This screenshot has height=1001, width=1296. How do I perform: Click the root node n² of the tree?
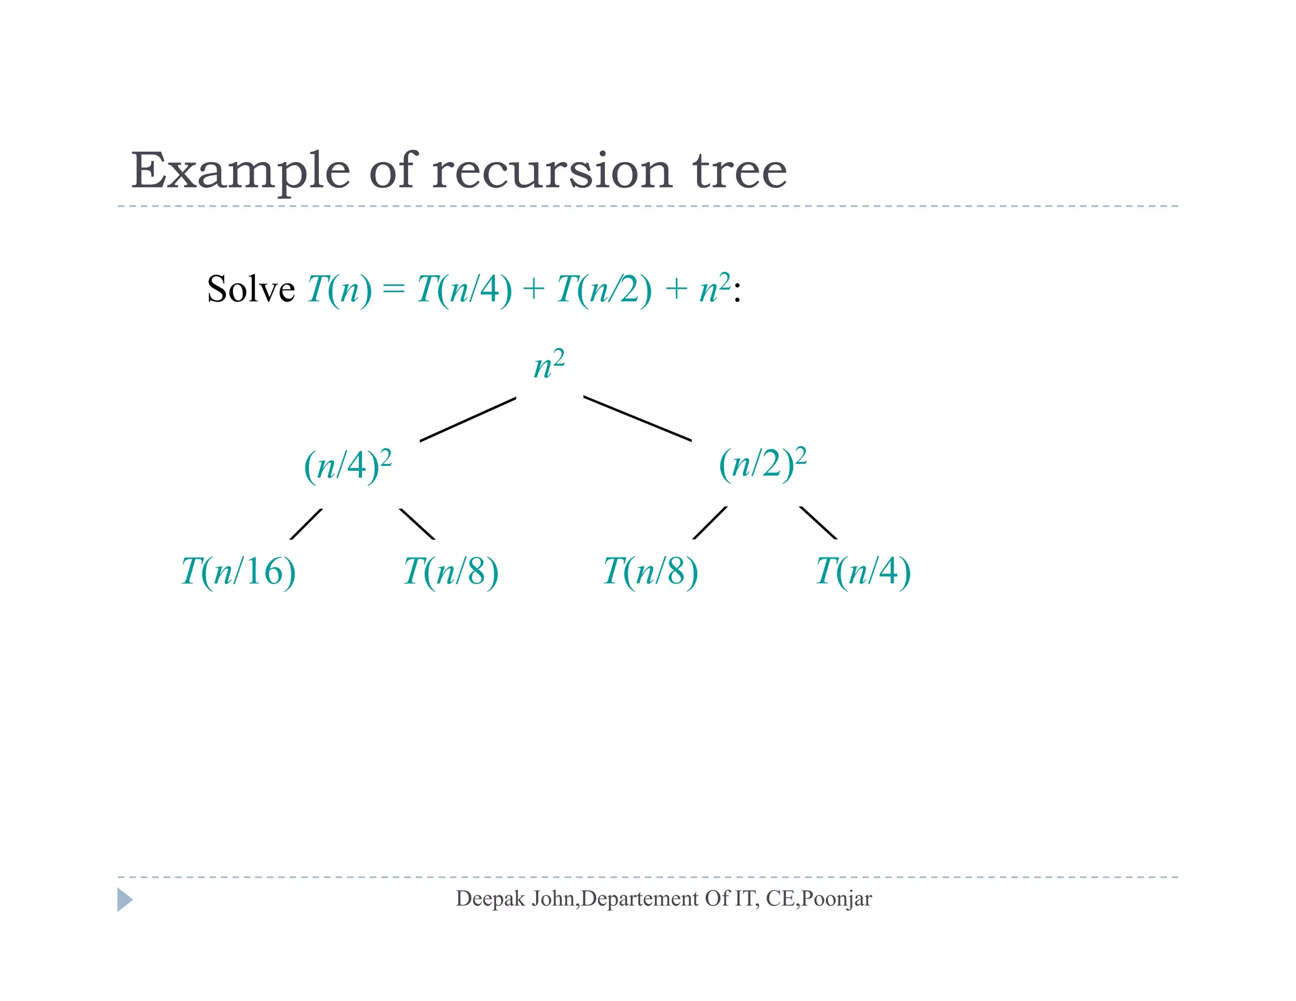(549, 366)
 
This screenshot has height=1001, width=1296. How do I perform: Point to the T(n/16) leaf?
(239, 571)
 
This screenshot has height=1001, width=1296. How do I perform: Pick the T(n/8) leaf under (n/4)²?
(451, 571)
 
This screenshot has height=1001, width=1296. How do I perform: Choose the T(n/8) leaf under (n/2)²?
(651, 571)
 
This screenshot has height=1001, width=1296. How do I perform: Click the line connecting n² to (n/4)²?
(468, 419)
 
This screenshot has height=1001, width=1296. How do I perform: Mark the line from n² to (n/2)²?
(637, 418)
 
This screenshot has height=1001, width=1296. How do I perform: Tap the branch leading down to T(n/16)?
(306, 524)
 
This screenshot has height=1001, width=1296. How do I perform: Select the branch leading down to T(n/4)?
(818, 523)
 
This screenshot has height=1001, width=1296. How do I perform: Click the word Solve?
(251, 290)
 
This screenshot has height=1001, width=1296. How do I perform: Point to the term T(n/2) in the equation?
(604, 290)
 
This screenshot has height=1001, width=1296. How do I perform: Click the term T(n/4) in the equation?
(464, 290)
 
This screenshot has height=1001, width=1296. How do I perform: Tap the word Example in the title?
(240, 172)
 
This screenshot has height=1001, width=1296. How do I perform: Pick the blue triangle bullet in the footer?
(125, 900)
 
